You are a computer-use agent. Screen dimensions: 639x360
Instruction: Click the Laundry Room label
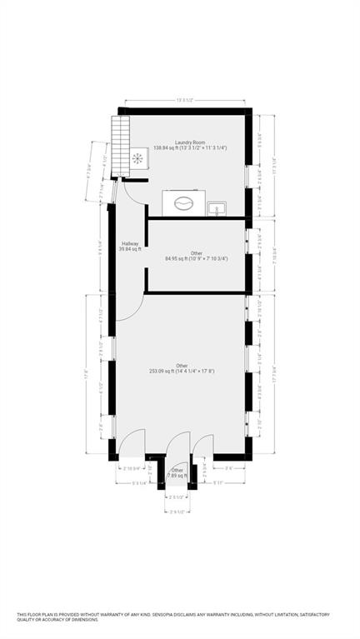190,142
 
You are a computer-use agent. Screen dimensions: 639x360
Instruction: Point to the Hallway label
129,243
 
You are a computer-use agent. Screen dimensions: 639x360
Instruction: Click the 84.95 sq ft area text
196,258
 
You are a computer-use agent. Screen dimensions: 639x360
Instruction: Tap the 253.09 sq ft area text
182,371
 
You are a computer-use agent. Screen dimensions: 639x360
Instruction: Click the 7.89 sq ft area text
177,476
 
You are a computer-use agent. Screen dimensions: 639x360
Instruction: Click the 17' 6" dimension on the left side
85,374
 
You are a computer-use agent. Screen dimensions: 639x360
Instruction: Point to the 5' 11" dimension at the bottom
220,482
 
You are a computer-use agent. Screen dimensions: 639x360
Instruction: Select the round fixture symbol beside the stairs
137,157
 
